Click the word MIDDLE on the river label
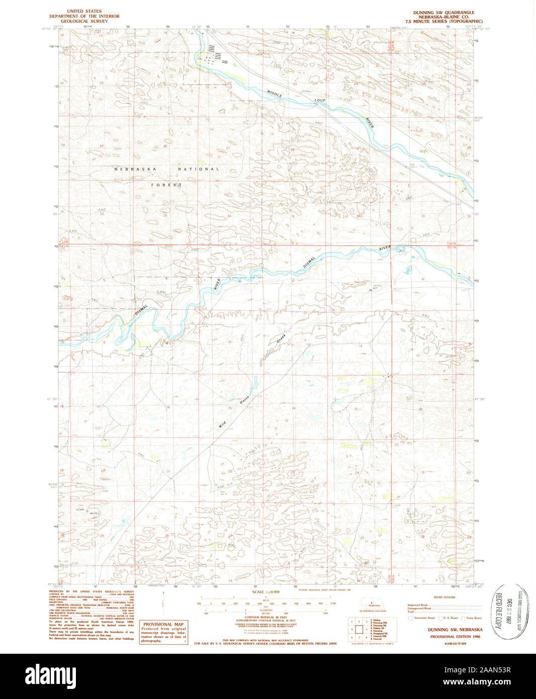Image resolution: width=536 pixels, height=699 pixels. tap(275, 94)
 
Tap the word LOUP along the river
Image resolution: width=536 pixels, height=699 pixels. tap(320, 101)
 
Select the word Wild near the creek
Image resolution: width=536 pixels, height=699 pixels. tap(222, 423)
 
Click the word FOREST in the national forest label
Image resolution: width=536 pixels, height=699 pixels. tap(167, 185)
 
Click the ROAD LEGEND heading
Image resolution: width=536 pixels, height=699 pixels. tap(444, 597)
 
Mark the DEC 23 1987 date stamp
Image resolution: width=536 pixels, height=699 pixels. tap(509, 612)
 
